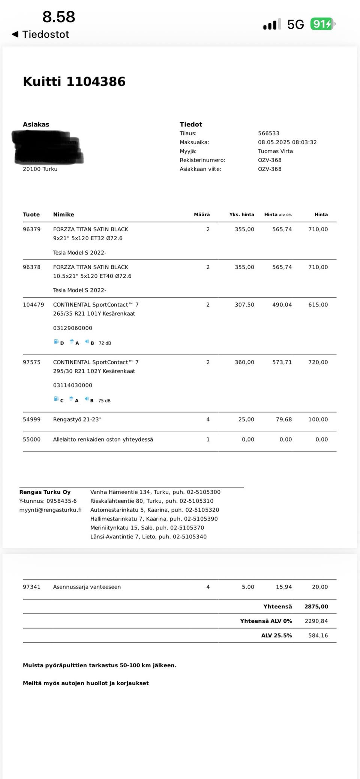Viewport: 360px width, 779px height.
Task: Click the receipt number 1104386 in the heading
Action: click(96, 82)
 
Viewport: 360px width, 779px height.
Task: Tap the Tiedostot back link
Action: click(41, 34)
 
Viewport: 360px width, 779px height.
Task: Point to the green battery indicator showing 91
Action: click(322, 24)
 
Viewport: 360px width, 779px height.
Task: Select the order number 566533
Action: click(268, 133)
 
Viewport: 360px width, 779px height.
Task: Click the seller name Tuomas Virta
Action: click(275, 151)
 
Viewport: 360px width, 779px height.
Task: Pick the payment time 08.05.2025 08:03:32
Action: click(287, 142)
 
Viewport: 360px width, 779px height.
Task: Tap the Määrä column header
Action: click(202, 215)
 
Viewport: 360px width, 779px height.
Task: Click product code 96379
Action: click(31, 229)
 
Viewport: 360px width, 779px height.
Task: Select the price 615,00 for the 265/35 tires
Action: click(318, 305)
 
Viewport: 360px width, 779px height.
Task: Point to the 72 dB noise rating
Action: click(105, 343)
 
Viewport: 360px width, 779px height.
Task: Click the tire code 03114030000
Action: click(72, 385)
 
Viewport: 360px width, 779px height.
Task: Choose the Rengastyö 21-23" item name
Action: click(77, 419)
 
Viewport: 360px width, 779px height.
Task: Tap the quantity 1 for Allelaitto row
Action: click(208, 439)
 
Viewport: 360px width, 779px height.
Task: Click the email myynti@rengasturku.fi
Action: click(50, 510)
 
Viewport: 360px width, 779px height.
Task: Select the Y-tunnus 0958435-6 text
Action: click(48, 501)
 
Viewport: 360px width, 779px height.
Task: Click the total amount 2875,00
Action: click(316, 607)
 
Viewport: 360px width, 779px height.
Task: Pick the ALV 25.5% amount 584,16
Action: click(318, 635)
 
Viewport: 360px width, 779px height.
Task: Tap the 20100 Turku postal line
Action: click(40, 169)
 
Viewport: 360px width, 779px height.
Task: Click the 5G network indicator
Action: click(295, 25)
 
